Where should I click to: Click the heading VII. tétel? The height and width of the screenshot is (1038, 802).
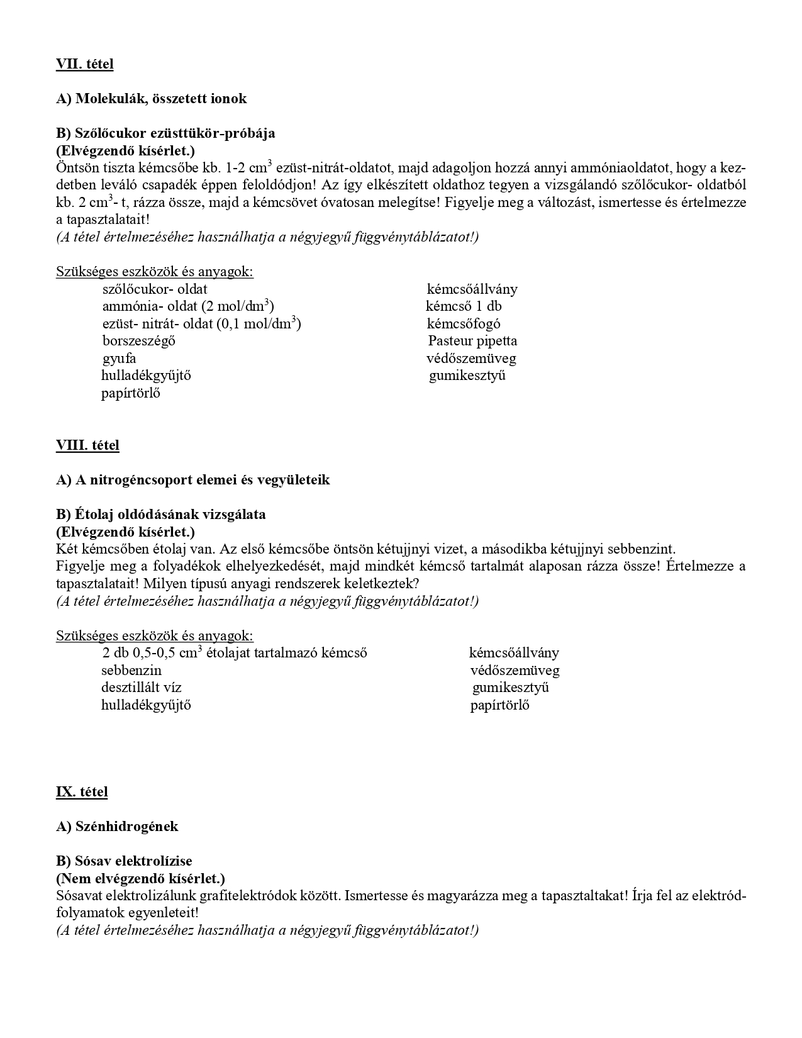click(x=84, y=64)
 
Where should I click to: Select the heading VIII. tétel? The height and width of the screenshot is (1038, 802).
click(x=87, y=445)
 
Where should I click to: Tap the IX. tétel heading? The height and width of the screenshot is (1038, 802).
click(x=82, y=792)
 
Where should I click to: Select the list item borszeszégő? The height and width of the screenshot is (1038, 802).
click(x=139, y=342)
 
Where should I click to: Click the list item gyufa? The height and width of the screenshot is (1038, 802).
click(x=120, y=359)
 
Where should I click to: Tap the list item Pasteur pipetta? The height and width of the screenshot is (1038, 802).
click(x=472, y=342)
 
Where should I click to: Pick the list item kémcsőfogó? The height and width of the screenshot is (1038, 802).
click(x=464, y=325)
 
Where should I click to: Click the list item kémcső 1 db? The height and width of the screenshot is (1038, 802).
click(x=464, y=307)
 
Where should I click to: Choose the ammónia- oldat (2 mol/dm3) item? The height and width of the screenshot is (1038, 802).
click(x=188, y=307)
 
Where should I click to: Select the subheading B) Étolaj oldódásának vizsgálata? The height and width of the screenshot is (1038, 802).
click(x=161, y=515)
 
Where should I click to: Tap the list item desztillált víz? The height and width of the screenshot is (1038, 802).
click(x=142, y=688)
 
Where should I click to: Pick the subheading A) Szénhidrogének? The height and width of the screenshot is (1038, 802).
click(x=117, y=827)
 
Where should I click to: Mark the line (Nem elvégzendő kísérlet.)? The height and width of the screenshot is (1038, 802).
click(x=140, y=878)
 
